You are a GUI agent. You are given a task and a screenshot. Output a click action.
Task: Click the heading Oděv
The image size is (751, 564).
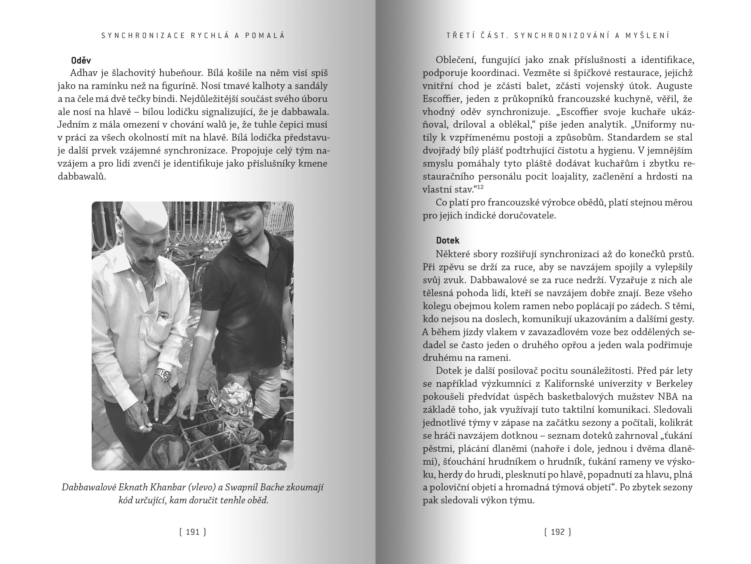point(81,60)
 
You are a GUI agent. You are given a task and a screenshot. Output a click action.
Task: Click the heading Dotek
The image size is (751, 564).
point(448,241)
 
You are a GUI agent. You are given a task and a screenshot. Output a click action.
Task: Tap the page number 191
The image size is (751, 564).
point(192,532)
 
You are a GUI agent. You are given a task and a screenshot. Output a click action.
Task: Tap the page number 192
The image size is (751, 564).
point(558,532)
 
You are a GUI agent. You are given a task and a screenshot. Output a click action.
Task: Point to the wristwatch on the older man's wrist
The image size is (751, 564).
point(164,374)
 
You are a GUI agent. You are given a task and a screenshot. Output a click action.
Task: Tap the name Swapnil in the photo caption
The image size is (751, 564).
point(241,487)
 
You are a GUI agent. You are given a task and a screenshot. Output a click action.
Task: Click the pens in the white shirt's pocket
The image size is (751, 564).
point(162,315)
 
